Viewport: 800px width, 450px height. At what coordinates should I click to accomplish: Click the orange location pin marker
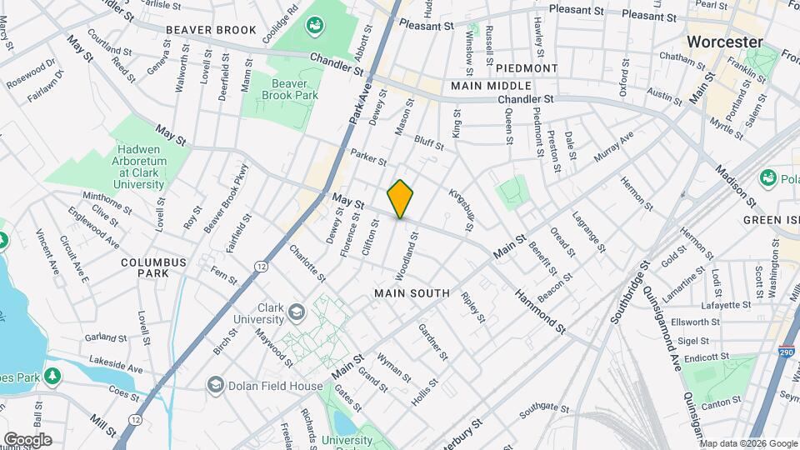(x=401, y=199)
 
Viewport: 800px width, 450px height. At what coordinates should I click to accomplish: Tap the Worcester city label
(x=724, y=42)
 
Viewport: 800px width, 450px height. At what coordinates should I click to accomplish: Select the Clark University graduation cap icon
(x=295, y=312)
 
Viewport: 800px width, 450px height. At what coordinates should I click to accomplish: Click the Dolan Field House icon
(x=216, y=384)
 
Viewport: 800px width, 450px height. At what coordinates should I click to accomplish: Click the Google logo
(x=27, y=439)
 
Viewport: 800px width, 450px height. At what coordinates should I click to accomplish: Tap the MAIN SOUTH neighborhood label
(x=412, y=293)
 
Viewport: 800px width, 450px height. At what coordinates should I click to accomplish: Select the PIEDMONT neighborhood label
(x=529, y=68)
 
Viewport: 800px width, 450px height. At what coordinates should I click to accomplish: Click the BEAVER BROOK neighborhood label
(x=211, y=30)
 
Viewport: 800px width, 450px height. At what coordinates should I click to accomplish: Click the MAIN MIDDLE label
(x=491, y=86)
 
